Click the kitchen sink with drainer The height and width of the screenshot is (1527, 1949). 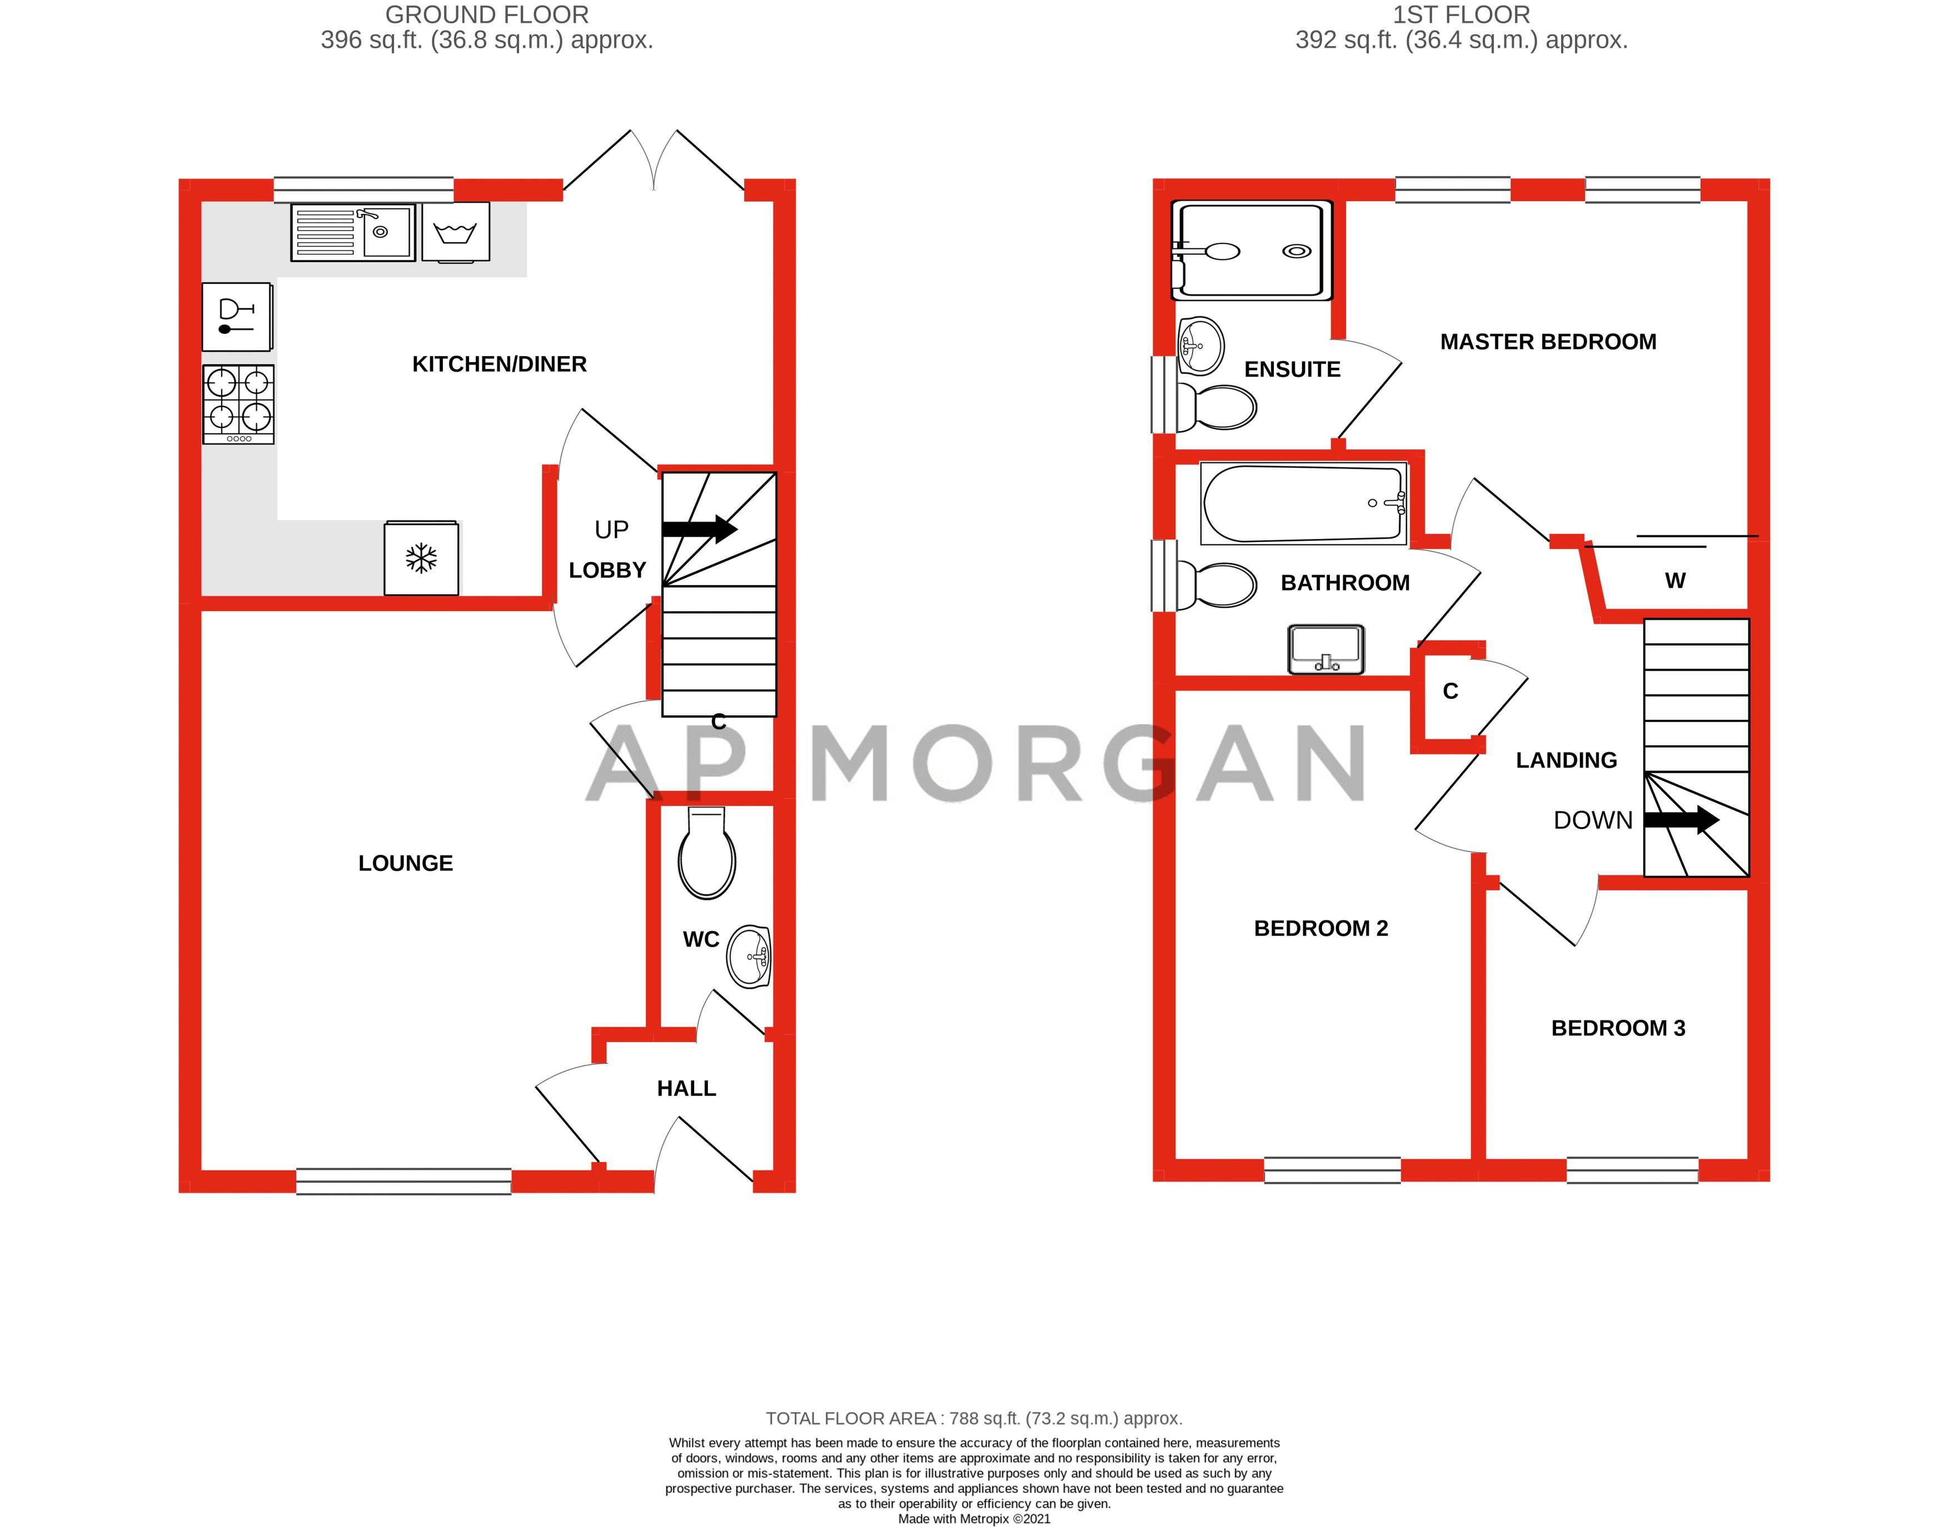(352, 232)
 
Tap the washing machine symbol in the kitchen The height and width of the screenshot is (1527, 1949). (455, 232)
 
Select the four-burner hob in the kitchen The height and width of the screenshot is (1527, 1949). (238, 403)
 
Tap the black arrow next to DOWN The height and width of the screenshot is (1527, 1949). (1681, 820)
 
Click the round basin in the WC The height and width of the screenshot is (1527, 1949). (749, 957)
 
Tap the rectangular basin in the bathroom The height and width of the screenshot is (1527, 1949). (1325, 649)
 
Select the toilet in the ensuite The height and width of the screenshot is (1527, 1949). (1217, 408)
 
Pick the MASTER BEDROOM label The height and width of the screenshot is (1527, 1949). (1547, 342)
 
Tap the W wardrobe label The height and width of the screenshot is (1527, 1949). (1674, 581)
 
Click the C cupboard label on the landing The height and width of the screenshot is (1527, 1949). (1450, 691)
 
